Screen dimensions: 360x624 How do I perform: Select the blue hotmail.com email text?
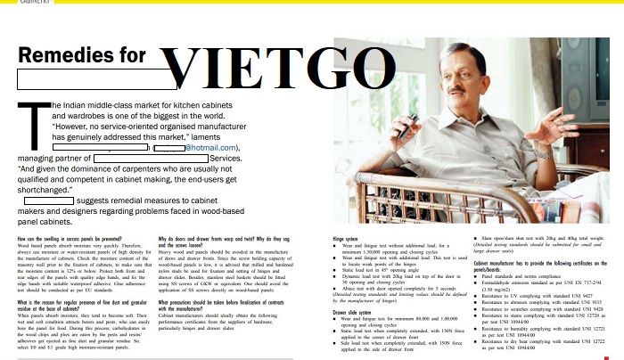coord(212,148)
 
